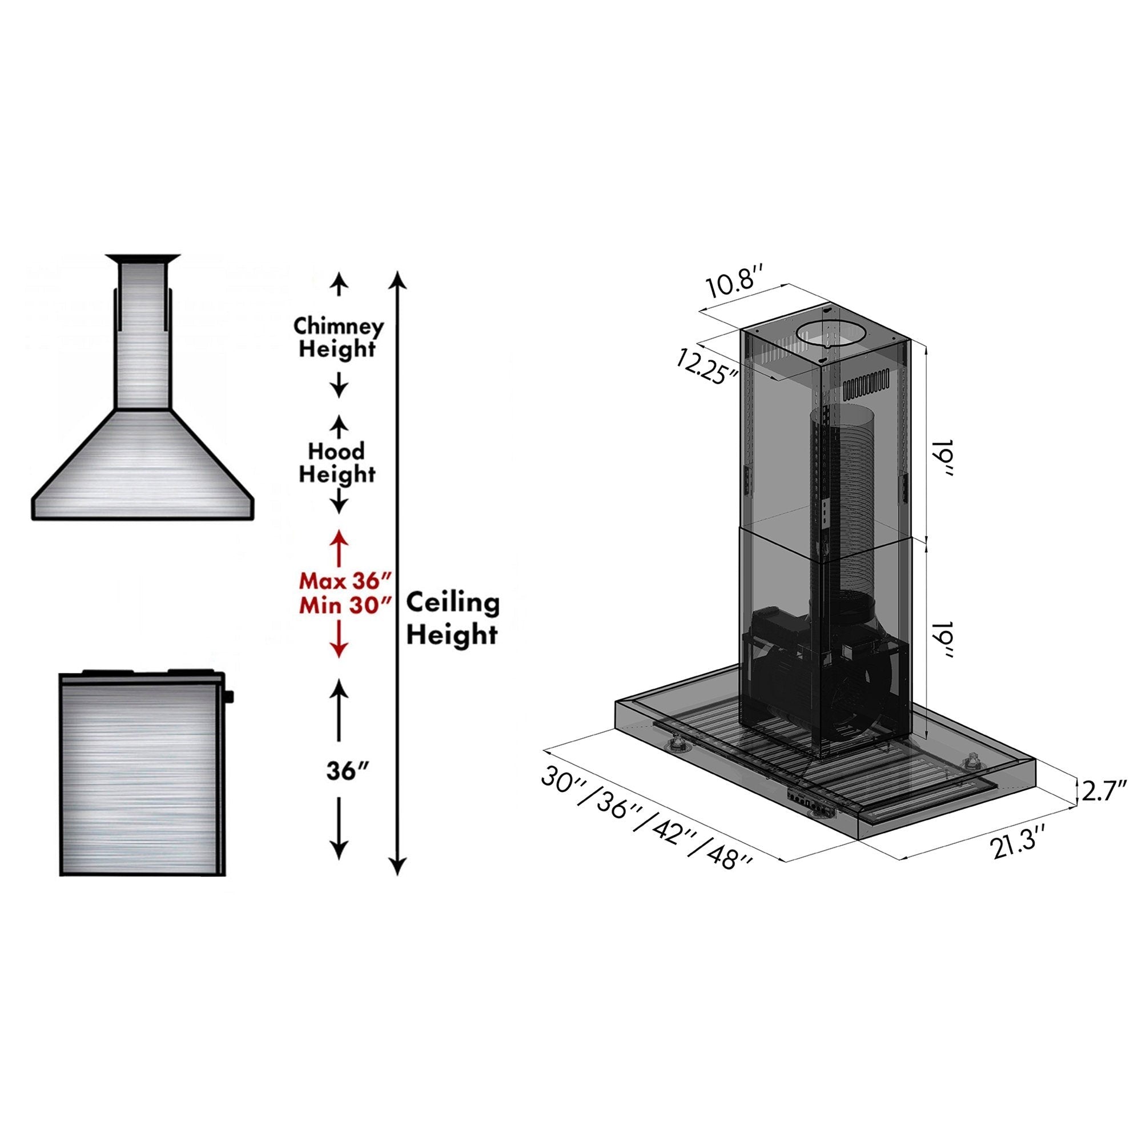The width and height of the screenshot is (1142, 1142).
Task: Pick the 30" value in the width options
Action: [x=561, y=782]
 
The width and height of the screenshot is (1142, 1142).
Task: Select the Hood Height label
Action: [x=337, y=463]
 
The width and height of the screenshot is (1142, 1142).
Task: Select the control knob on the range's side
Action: [x=230, y=696]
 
